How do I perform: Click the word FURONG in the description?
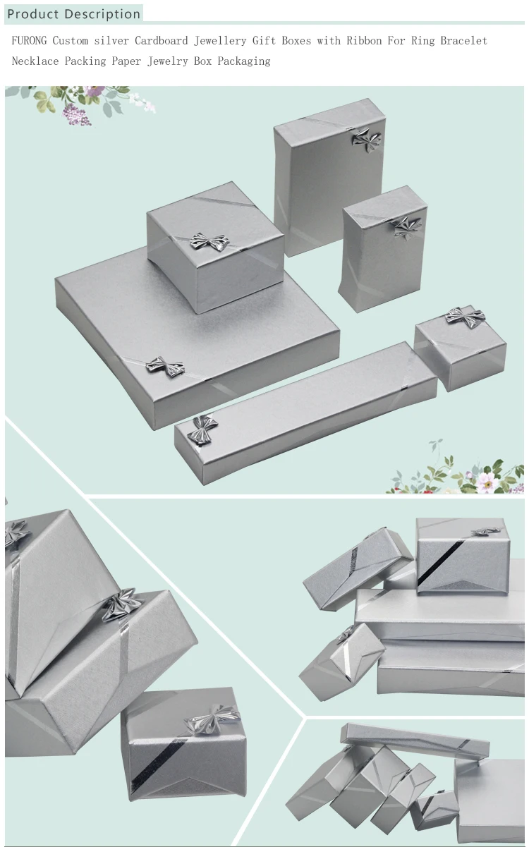[x=29, y=40]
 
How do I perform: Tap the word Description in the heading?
[x=102, y=14]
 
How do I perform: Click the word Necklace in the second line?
[x=35, y=61]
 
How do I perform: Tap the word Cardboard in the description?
[x=162, y=40]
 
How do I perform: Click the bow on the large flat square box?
[x=165, y=367]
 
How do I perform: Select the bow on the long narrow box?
[x=202, y=430]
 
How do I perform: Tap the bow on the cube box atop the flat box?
[x=209, y=242]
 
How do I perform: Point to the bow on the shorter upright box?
[x=407, y=228]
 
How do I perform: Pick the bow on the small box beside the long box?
[x=465, y=317]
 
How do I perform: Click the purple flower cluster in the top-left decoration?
[x=77, y=115]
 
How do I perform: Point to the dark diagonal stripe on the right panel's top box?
[x=442, y=561]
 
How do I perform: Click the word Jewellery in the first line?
[x=220, y=41]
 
